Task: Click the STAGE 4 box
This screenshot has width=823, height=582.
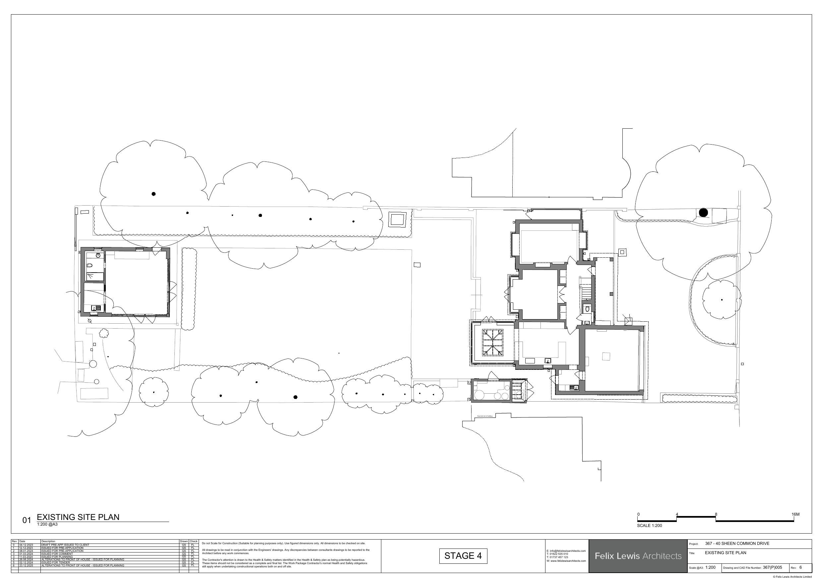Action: click(463, 556)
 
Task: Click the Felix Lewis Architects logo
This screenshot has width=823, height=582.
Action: click(638, 556)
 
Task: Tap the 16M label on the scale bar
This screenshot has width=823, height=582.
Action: click(795, 514)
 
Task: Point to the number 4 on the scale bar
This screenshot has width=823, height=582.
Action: click(677, 514)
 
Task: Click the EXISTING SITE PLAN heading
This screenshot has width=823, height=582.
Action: click(78, 517)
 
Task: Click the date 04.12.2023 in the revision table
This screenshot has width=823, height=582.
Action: click(26, 545)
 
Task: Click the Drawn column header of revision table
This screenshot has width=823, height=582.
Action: click(184, 542)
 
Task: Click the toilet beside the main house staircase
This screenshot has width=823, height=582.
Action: click(587, 308)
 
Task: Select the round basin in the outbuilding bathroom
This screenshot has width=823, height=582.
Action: click(98, 255)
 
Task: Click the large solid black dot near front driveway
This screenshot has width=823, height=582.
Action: click(703, 213)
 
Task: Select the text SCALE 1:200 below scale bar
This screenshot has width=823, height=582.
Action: click(649, 526)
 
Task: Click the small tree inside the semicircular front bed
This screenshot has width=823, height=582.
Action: click(721, 299)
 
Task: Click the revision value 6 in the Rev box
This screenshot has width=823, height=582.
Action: click(800, 567)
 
